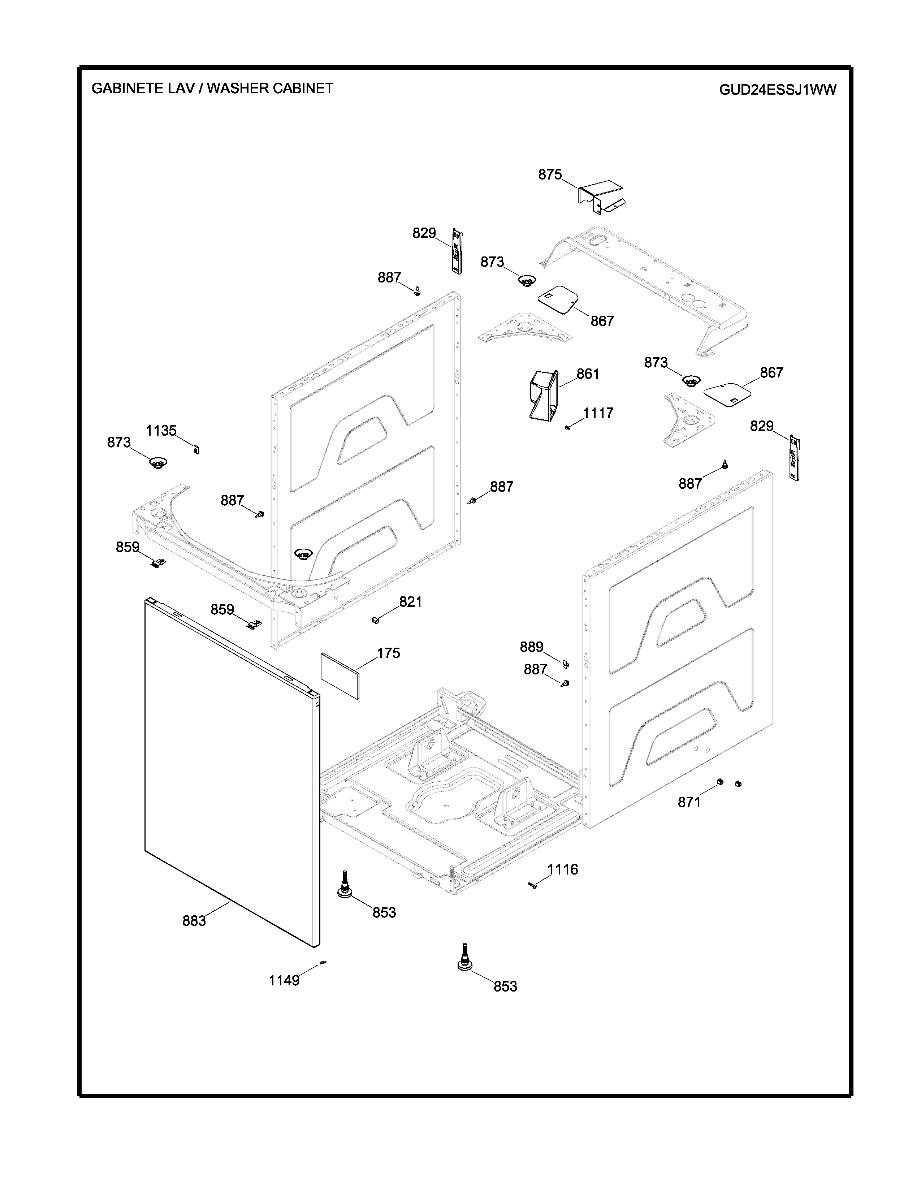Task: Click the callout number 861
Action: coord(588,374)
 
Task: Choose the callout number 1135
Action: coord(161,431)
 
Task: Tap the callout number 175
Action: coord(389,653)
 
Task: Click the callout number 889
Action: coord(531,647)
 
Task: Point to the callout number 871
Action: coord(689,802)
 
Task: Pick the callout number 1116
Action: coord(562,869)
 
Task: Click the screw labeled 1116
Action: coord(533,885)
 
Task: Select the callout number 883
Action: coord(194,921)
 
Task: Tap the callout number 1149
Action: coord(284,980)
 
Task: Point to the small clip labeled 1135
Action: coord(196,449)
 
